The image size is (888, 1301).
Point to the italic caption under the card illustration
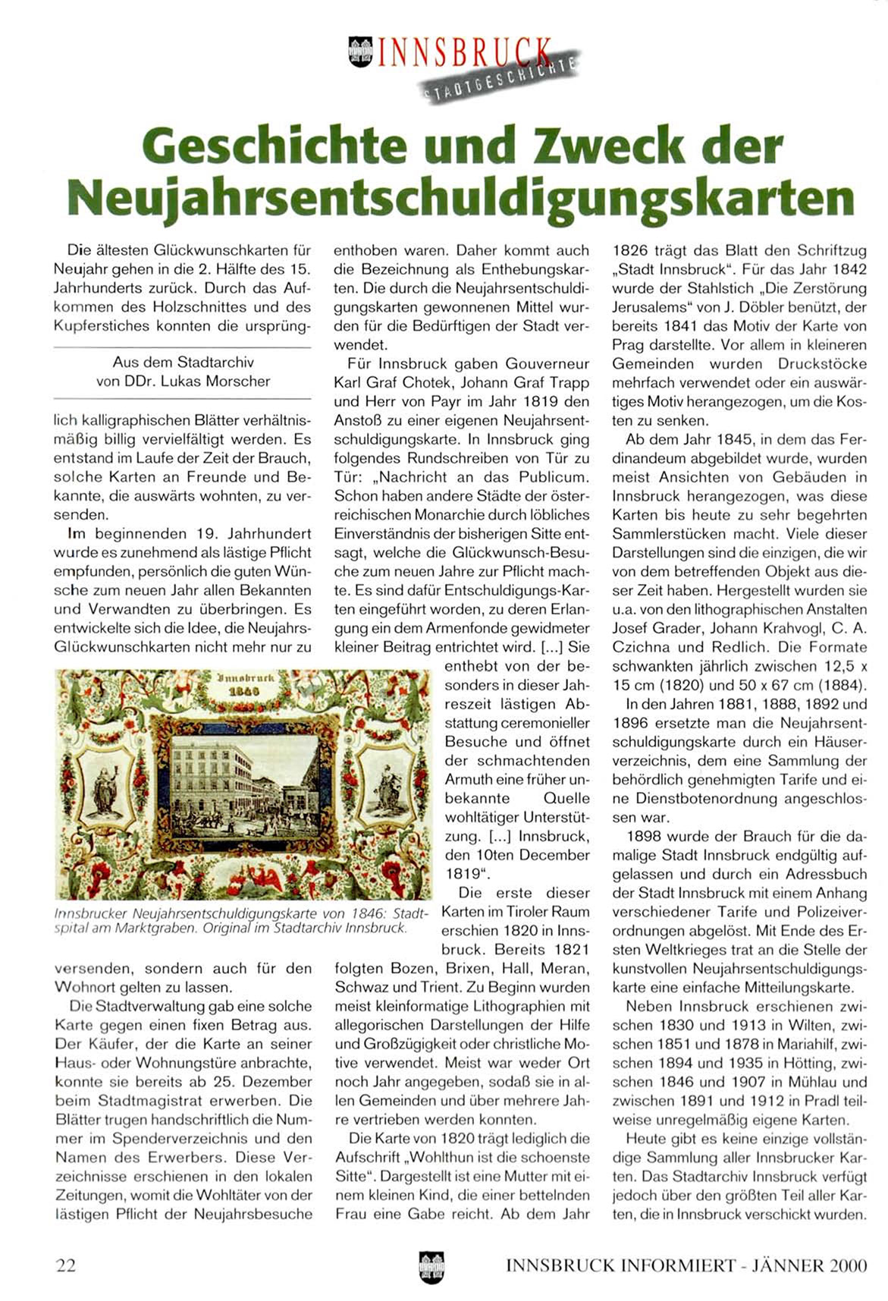click(x=241, y=920)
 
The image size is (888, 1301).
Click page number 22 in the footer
click(x=65, y=1265)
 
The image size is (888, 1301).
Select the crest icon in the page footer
click(x=431, y=1265)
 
